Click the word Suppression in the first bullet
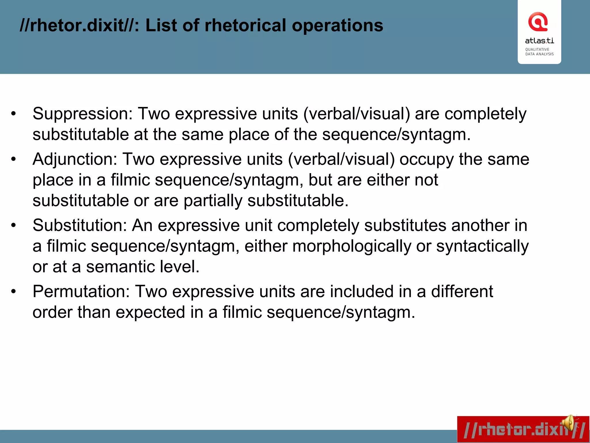[x=82, y=114]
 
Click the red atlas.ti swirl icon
[x=538, y=22]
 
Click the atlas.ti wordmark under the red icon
[x=539, y=41]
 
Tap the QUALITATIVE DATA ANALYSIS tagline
[x=539, y=52]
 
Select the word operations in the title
[x=337, y=26]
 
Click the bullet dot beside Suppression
[x=14, y=114]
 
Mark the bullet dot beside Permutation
[x=14, y=292]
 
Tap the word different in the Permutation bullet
[x=462, y=291]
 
